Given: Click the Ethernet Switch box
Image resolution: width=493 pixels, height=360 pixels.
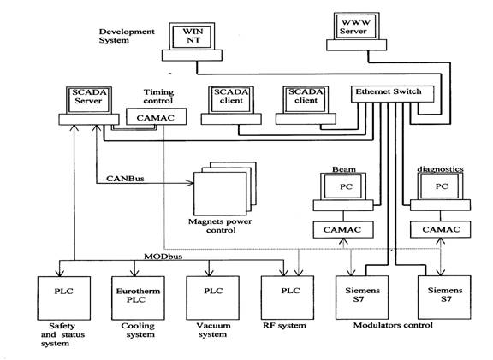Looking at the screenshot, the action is [x=392, y=93].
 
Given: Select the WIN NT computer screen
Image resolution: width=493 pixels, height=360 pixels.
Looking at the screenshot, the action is [x=192, y=36].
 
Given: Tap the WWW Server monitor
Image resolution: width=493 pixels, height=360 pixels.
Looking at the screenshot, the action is [x=356, y=27].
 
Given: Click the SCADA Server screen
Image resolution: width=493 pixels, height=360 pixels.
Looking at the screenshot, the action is [x=89, y=100].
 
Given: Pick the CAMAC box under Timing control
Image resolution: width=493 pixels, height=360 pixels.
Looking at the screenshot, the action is [x=157, y=117].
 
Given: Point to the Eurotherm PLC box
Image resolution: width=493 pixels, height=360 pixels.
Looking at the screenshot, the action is [x=138, y=298].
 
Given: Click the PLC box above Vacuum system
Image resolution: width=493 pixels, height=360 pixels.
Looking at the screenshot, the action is [x=213, y=298].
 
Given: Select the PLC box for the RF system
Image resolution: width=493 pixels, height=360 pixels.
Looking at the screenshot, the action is [x=288, y=298].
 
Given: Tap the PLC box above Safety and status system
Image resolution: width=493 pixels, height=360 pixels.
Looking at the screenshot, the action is [x=64, y=298].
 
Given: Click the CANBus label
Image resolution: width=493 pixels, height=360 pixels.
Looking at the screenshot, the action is [x=125, y=179].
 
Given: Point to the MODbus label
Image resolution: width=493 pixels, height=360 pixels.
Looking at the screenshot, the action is [x=163, y=257].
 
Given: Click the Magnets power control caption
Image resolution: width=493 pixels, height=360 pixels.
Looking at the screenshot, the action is [x=220, y=226].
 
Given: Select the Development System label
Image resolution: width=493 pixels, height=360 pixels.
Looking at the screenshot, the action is [x=127, y=36].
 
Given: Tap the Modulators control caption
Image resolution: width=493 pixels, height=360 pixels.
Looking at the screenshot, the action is [x=393, y=325].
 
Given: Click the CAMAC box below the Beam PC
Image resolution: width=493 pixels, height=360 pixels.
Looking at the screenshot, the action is [x=343, y=230].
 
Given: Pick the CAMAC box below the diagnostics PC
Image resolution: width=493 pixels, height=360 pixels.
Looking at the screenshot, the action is [x=441, y=229].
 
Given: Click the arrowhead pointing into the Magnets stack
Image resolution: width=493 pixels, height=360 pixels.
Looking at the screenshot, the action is [x=191, y=183].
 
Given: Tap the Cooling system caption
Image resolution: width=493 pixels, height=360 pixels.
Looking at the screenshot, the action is [x=139, y=330].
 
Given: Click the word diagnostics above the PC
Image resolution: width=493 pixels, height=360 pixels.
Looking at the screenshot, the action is [x=440, y=169].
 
